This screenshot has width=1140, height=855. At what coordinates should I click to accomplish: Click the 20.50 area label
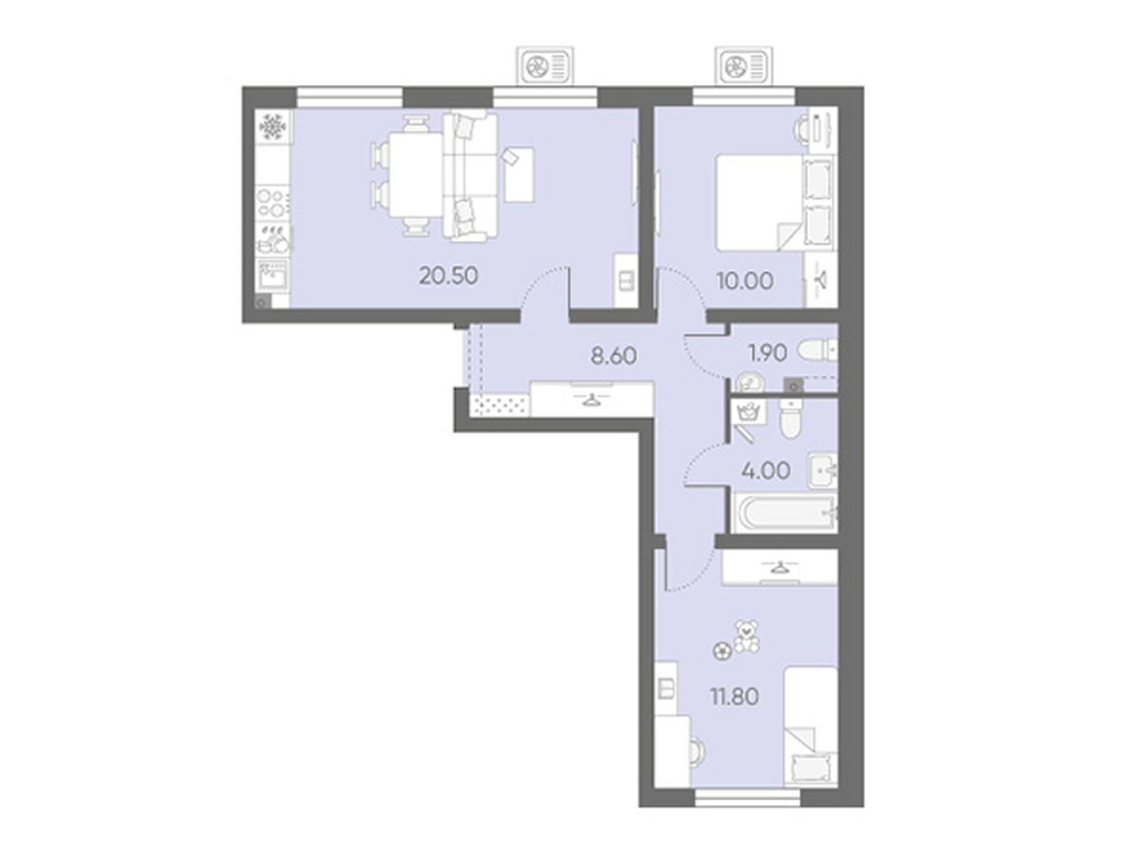(x=448, y=276)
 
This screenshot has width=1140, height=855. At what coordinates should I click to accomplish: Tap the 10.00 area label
(x=745, y=281)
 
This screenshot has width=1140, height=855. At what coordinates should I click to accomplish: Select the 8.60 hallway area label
(x=613, y=356)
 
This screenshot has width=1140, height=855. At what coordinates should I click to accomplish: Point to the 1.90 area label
(x=767, y=353)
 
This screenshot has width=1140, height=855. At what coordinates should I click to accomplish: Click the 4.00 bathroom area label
(x=767, y=471)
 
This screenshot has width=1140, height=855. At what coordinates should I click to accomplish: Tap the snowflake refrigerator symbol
(x=273, y=126)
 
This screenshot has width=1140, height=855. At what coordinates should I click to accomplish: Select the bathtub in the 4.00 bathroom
(x=784, y=514)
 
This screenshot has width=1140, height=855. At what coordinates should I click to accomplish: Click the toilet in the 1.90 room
(x=817, y=351)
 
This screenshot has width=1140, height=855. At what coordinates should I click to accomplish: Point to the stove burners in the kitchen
(x=273, y=203)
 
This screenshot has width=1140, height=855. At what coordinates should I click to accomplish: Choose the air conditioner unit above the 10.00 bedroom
(x=744, y=66)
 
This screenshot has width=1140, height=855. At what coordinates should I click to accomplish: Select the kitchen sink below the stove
(x=273, y=274)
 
